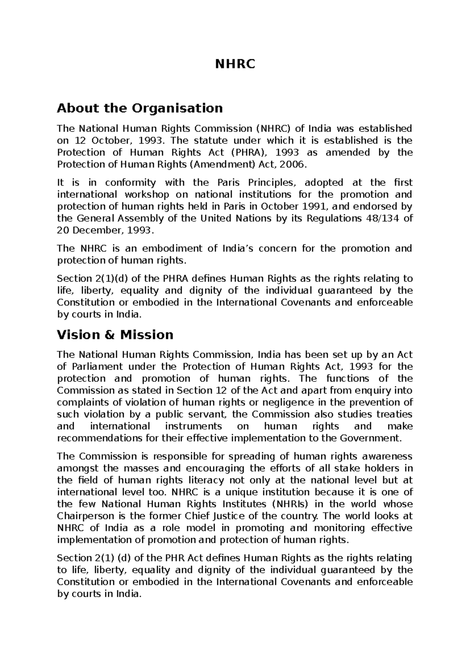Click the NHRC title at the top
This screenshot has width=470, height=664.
[235, 64]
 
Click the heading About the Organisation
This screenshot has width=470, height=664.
[140, 108]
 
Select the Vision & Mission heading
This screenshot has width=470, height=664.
[115, 335]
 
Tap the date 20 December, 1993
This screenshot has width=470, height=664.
[103, 231]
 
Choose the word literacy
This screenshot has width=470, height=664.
[205, 480]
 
